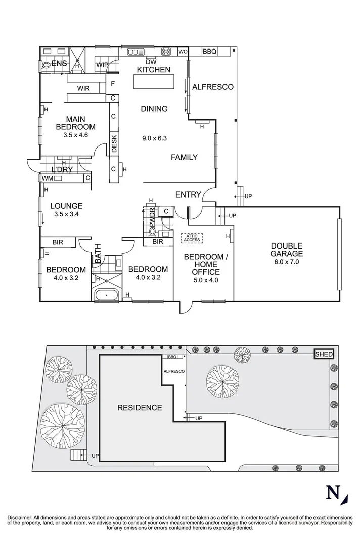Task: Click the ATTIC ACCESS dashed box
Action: pos(192,238)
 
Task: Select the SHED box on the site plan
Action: pos(324,354)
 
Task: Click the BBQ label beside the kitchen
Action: pos(209,52)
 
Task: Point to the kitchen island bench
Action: pos(153,82)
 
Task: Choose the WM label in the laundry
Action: pos(47,178)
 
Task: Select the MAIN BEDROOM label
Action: pos(75,123)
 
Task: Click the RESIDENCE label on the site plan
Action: pos(140,408)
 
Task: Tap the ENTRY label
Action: pos(188,194)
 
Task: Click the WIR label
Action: pos(84,88)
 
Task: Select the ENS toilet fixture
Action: pos(46,64)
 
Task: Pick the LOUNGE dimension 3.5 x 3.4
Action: pos(67,214)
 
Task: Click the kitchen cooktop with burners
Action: pos(166,52)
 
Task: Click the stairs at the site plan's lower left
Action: pos(78,455)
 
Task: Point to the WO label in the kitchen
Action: pos(183,52)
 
